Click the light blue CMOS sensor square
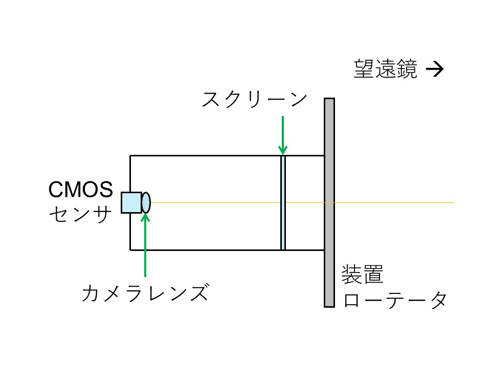pos(131,202)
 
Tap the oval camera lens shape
pos(146,202)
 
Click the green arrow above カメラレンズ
pos(146,245)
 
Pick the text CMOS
pos(81,190)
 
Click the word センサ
pos(81,214)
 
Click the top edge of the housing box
pos(205,155)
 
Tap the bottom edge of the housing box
pos(205,250)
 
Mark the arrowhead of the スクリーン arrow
pos(282,150)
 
